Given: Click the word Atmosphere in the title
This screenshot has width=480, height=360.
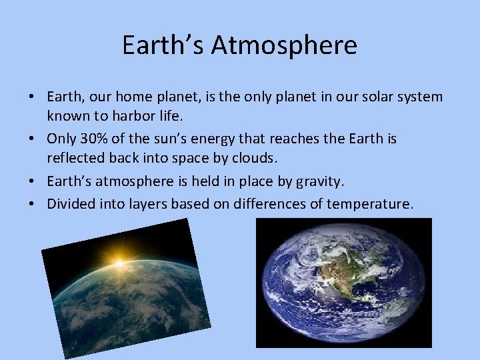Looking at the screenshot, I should (285, 45).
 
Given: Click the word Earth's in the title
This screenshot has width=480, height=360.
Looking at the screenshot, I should (163, 45).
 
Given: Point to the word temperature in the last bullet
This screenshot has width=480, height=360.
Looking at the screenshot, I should (370, 203).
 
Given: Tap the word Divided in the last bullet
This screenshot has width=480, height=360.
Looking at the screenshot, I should (69, 203).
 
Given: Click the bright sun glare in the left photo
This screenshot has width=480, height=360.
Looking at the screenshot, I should (120, 264).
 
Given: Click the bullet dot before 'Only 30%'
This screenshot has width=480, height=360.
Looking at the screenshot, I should (33, 139).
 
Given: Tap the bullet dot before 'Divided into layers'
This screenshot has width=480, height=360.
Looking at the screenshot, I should (33, 203).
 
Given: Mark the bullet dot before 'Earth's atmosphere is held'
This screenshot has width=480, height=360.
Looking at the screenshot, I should (33, 181).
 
